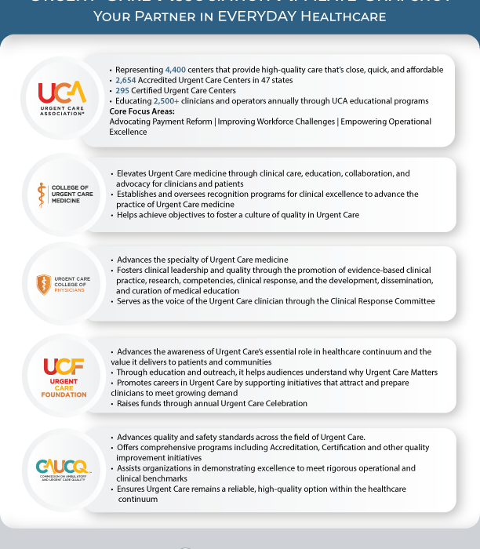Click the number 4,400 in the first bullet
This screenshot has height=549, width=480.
tap(176, 70)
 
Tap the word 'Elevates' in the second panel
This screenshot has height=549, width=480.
tap(133, 173)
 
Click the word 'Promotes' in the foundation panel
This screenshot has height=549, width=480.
tap(136, 383)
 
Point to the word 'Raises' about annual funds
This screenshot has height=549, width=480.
tap(129, 403)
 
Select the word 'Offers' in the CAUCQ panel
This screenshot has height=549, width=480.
tap(129, 447)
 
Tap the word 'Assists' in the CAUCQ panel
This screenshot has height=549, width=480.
tap(130, 467)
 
